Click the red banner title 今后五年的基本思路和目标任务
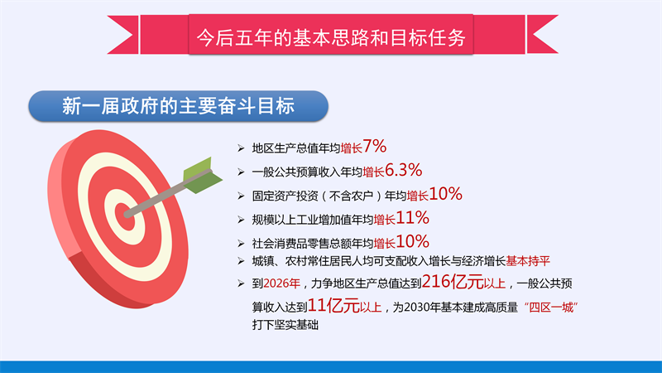pyautogui.click(x=331, y=37)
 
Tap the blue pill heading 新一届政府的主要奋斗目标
pyautogui.click(x=178, y=106)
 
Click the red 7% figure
pyautogui.click(x=375, y=147)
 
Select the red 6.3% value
pyautogui.click(x=403, y=170)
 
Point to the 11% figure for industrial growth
pyautogui.click(x=412, y=218)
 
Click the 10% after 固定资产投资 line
pyautogui.click(x=445, y=194)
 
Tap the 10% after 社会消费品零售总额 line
pyautogui.click(x=412, y=241)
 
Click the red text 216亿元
pyautogui.click(x=453, y=282)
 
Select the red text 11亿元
pyautogui.click(x=333, y=305)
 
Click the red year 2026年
pyautogui.click(x=281, y=283)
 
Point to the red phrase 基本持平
pyautogui.click(x=528, y=261)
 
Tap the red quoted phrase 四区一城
pyautogui.click(x=551, y=307)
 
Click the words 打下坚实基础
pyautogui.click(x=285, y=325)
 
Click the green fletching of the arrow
pyautogui.click(x=202, y=176)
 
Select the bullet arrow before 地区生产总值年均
pyautogui.click(x=241, y=148)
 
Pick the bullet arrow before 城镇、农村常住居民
pyautogui.click(x=241, y=261)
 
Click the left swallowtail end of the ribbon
pyautogui.click(x=122, y=35)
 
